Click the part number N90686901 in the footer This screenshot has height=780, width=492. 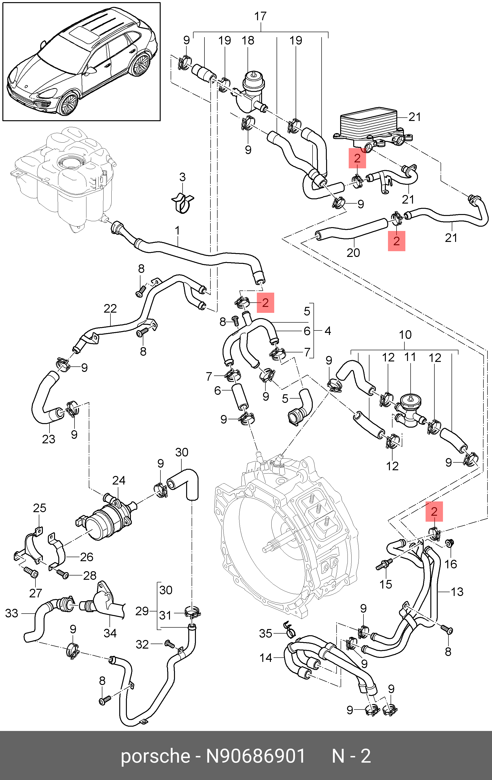[x=256, y=756]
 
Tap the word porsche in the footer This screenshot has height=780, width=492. [x=155, y=756]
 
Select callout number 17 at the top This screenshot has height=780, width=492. [x=260, y=16]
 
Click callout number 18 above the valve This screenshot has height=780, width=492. [x=248, y=40]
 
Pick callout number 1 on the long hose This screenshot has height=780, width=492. [x=177, y=231]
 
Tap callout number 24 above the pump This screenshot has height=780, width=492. [x=119, y=480]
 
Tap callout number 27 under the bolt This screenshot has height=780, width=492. [x=36, y=593]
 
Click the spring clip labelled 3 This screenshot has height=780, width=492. [x=182, y=203]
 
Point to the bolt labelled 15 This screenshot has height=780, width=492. [x=384, y=564]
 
